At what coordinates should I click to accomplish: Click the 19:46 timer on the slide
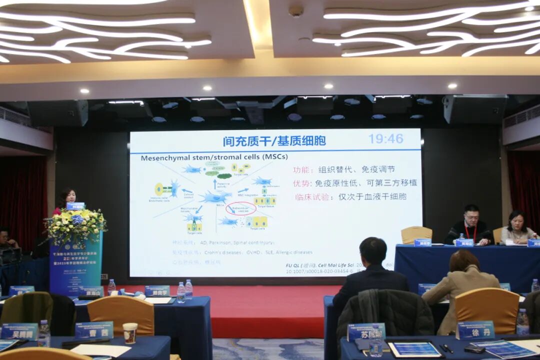point(386,139)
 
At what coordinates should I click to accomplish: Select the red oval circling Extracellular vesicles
point(240,208)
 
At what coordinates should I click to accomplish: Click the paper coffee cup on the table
point(130,332)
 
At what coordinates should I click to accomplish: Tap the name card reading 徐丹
point(475,330)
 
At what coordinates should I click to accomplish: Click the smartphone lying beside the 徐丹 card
point(474,349)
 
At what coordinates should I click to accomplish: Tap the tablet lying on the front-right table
point(415,349)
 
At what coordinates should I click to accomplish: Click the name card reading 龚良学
point(157,290)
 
